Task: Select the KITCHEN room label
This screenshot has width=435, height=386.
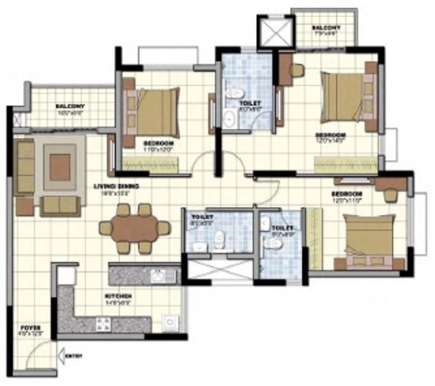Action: (x=119, y=297)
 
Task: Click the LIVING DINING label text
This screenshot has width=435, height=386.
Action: (x=117, y=187)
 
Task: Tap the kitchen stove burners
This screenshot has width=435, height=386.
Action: (x=103, y=324)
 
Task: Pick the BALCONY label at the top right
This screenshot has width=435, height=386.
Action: (x=326, y=28)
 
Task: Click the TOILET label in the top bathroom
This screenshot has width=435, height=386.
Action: (x=250, y=103)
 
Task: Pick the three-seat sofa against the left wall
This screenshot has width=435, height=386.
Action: (x=25, y=167)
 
